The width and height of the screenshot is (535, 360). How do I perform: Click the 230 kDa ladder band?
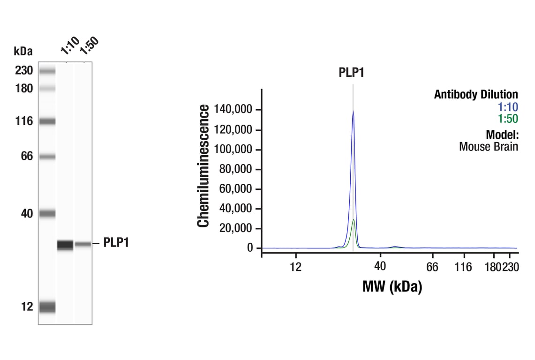pos(47,71)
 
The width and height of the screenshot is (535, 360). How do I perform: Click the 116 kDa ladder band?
pos(47,121)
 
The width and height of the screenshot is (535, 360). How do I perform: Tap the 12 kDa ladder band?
pos(47,307)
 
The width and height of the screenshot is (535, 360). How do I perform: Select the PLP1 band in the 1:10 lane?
pos(65,244)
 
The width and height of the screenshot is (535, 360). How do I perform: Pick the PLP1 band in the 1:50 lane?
pos(83,244)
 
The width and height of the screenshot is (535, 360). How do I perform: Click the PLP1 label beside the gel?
pos(116,243)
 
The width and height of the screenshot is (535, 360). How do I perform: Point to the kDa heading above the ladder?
pos(23,51)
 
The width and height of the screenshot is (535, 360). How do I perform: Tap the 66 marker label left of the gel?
pos(27,156)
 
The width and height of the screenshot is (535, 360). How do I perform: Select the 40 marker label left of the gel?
pos(27,214)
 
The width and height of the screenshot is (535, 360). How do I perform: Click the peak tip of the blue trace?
pos(353,112)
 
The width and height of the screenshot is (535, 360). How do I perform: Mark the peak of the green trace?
pos(353,219)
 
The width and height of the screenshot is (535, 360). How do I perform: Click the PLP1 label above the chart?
pos(352,73)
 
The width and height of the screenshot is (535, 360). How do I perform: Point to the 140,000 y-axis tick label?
pos(233,110)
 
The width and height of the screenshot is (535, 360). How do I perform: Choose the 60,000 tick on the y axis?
pos(236,189)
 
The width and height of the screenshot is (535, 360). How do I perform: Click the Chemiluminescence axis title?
pos(203,166)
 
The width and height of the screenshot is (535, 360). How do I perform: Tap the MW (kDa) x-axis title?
pos(392,286)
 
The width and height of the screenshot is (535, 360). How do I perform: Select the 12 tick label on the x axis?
pos(295,267)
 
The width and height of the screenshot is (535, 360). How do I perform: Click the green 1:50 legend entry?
pos(508,118)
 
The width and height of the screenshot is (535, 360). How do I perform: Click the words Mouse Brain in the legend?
pos(488,146)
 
